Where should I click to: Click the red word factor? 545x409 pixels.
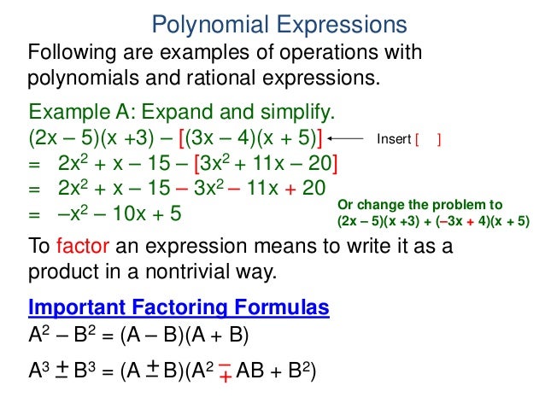(80, 247)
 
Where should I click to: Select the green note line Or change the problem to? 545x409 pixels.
(421, 205)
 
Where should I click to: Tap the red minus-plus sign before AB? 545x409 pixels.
(225, 371)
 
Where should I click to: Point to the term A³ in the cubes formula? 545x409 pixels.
(40, 371)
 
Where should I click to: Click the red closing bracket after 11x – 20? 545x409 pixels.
(335, 163)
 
